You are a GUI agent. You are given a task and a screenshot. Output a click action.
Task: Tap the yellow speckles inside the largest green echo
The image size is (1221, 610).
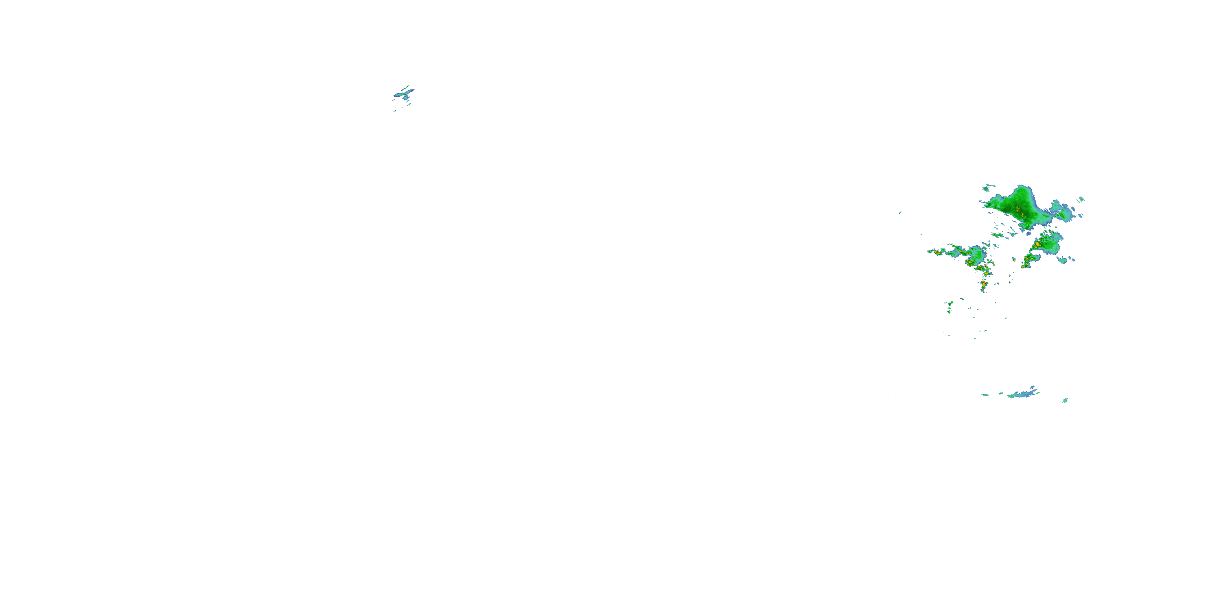[x=1017, y=208]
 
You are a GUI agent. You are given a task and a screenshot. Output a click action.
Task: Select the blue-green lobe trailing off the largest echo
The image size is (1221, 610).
[x=1062, y=212]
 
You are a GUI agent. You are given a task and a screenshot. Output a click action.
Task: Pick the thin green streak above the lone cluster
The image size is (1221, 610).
[x=407, y=87]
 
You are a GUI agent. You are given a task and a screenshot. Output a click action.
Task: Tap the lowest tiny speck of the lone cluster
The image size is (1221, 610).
[x=394, y=111]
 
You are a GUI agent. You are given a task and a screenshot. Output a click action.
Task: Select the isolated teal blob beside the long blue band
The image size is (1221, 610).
[x=1065, y=401]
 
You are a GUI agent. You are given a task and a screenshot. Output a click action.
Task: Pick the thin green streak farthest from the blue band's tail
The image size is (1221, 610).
[x=985, y=394]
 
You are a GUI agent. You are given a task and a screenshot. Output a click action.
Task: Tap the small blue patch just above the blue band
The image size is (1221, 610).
[x=1032, y=388]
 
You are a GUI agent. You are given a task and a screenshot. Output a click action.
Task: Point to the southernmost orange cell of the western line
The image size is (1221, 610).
[x=984, y=285]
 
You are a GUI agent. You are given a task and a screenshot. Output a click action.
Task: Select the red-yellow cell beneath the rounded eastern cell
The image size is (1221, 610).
[x=1027, y=259]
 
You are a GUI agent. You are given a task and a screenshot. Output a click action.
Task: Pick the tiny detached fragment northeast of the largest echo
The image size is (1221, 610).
[x=1081, y=199]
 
